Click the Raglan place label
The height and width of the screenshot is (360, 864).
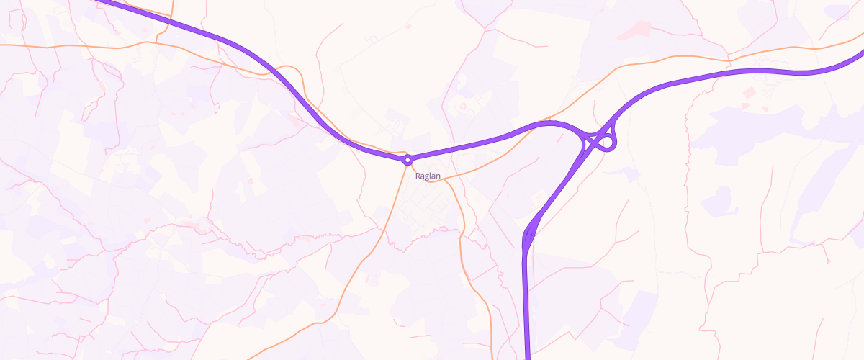[428, 176]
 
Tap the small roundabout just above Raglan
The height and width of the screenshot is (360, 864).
[408, 160]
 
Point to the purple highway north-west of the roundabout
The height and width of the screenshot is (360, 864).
[238, 43]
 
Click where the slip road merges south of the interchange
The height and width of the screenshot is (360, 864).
[528, 234]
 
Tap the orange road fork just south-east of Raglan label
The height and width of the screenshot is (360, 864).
[446, 179]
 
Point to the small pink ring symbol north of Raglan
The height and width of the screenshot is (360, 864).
[464, 107]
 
